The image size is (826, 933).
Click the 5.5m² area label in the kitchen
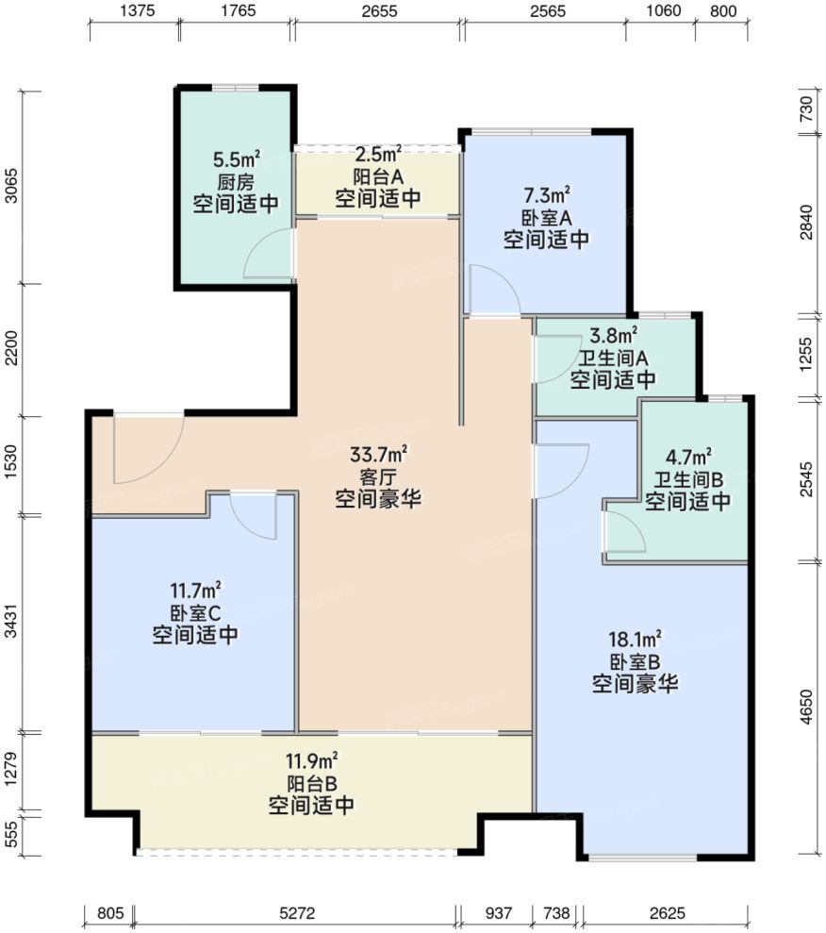point(236,161)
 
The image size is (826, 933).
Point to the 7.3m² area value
point(546,196)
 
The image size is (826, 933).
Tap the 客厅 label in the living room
point(378,476)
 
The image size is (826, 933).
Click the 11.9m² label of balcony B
point(312,761)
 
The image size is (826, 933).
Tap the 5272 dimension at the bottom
point(296,912)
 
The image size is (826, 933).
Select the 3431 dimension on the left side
point(12,624)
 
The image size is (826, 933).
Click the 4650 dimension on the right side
point(804,707)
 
